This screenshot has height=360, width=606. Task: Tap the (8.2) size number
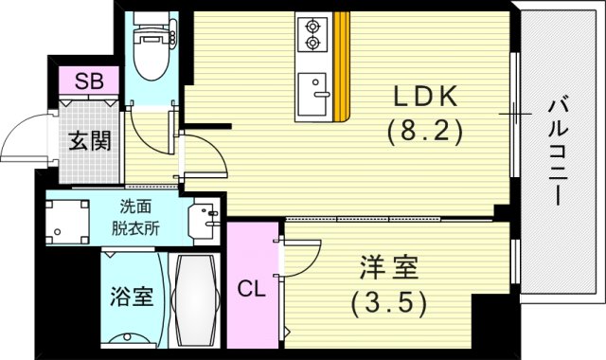tap(424, 133)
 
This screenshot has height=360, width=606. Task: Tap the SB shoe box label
tap(89, 81)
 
